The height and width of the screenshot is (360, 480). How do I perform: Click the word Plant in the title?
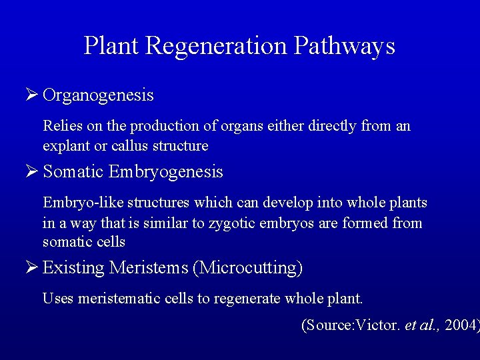click(x=111, y=46)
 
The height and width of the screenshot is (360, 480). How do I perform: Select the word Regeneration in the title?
click(x=216, y=47)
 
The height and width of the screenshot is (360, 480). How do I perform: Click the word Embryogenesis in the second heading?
click(x=165, y=173)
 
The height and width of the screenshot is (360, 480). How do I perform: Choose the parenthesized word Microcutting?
click(x=247, y=269)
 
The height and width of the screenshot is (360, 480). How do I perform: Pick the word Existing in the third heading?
click(x=73, y=268)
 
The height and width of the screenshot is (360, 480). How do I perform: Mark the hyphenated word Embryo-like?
click(x=79, y=203)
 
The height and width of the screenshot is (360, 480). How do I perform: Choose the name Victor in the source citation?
click(x=380, y=326)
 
